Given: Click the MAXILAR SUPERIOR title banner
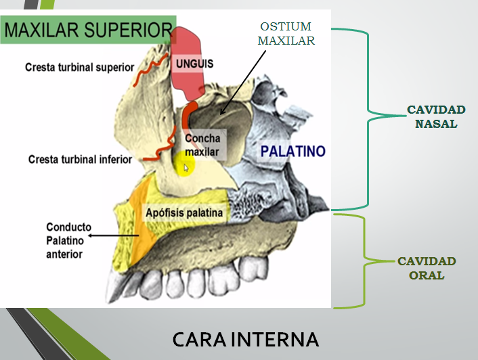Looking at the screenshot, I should [88, 30].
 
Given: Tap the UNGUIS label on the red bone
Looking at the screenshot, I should [194, 64].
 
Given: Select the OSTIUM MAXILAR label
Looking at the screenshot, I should [286, 33].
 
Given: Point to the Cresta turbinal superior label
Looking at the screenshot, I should [79, 68].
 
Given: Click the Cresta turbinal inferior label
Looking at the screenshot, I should [80, 160].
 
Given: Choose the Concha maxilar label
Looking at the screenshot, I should [202, 145].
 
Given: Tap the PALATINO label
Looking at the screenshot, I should [292, 150].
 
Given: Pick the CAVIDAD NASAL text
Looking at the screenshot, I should [435, 116].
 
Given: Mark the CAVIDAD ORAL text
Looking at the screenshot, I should [427, 268].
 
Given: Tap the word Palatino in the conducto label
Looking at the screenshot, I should [64, 241].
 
